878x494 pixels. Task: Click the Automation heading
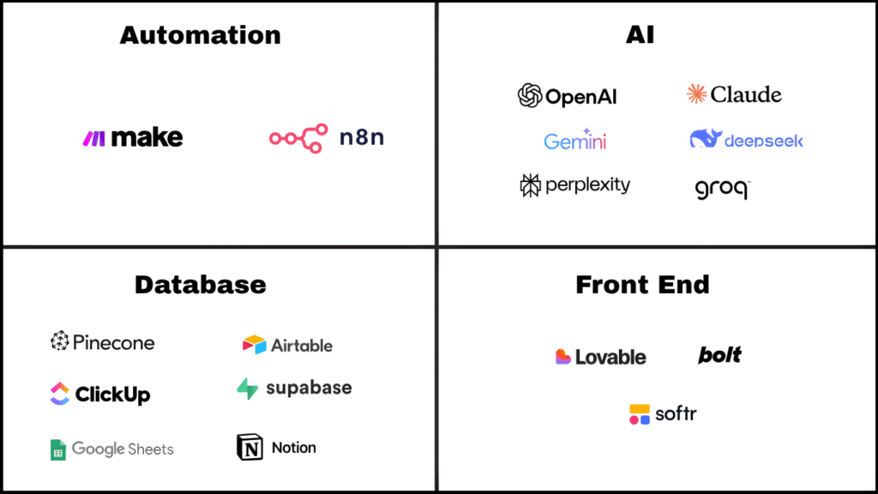click(200, 35)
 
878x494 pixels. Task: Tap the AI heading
click(641, 35)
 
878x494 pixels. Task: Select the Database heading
click(200, 285)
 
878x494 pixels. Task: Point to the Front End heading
click(642, 285)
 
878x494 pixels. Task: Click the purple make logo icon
click(93, 138)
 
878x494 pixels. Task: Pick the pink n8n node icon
click(298, 138)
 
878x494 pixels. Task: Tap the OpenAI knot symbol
click(530, 96)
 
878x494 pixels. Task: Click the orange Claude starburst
click(696, 94)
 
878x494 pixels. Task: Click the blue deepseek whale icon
click(706, 139)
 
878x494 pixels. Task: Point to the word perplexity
click(588, 185)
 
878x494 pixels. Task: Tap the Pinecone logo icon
click(59, 342)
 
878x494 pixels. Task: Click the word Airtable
click(302, 346)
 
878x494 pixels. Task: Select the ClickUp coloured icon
click(59, 394)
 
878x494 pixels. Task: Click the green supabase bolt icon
click(248, 389)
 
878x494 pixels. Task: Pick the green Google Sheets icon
click(58, 449)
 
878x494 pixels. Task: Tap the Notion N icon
click(249, 447)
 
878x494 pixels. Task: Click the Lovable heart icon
click(563, 357)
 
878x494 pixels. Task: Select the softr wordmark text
click(676, 414)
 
